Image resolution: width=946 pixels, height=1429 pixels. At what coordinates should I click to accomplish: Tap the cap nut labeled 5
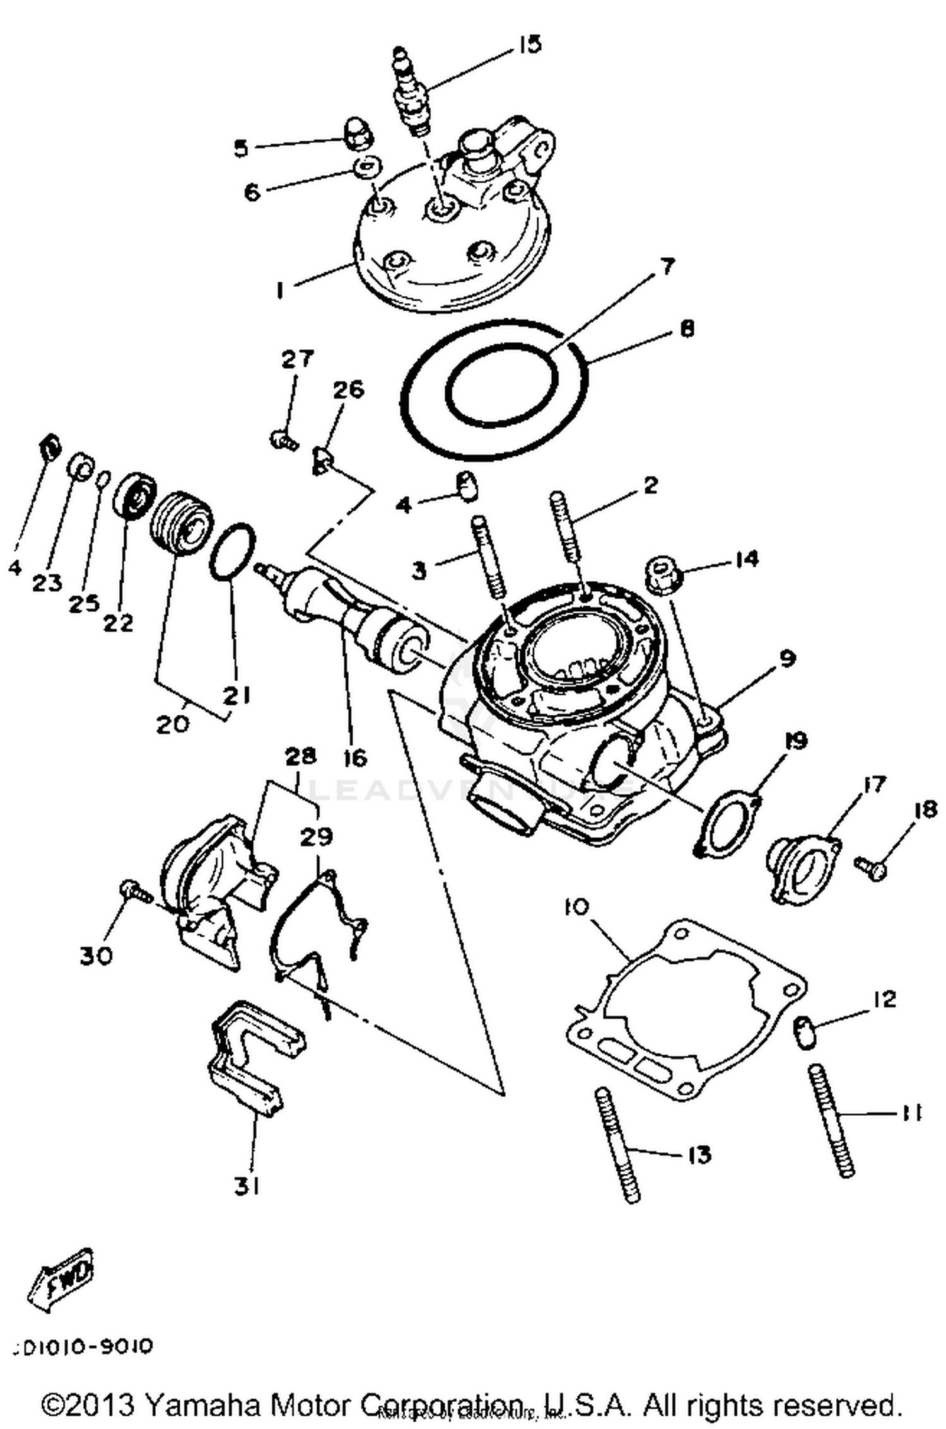[x=356, y=133]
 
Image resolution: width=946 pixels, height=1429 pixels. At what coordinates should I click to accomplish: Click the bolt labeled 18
[x=872, y=869]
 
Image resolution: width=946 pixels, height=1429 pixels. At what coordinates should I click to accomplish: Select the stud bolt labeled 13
[x=617, y=1144]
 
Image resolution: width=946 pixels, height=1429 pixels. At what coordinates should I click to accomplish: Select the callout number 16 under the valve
[x=355, y=758]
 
